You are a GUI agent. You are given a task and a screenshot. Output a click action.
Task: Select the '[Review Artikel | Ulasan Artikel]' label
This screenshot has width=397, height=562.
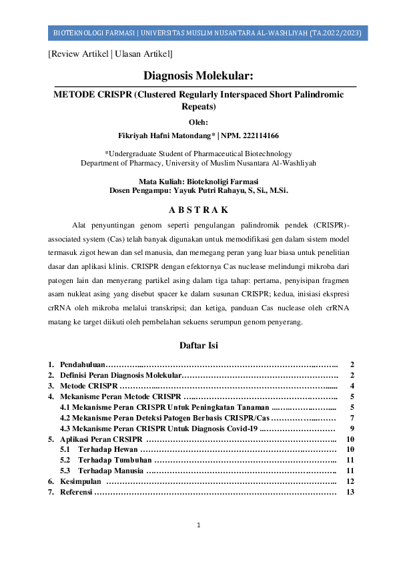coord(110,53)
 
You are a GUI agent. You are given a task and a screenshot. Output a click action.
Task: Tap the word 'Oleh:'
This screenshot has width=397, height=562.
coord(198,121)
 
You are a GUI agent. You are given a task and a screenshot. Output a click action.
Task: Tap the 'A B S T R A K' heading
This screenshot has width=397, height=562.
coord(198,211)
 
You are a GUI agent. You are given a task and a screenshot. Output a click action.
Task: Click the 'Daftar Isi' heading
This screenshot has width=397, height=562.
coord(198,345)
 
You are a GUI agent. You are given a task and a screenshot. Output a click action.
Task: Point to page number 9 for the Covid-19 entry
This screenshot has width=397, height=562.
coord(352,429)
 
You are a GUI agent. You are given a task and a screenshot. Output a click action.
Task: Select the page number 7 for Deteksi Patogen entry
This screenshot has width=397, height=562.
coord(352,418)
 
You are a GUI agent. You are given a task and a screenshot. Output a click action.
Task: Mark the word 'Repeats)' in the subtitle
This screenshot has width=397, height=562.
coord(198,107)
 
